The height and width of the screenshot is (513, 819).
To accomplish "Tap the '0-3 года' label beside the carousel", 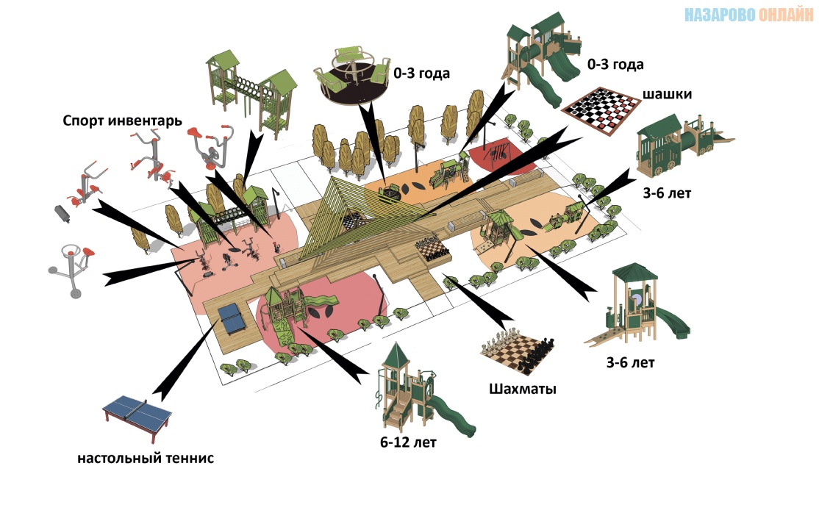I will pos(421,73).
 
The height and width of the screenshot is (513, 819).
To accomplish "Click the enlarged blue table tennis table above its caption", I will pos(137,411).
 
